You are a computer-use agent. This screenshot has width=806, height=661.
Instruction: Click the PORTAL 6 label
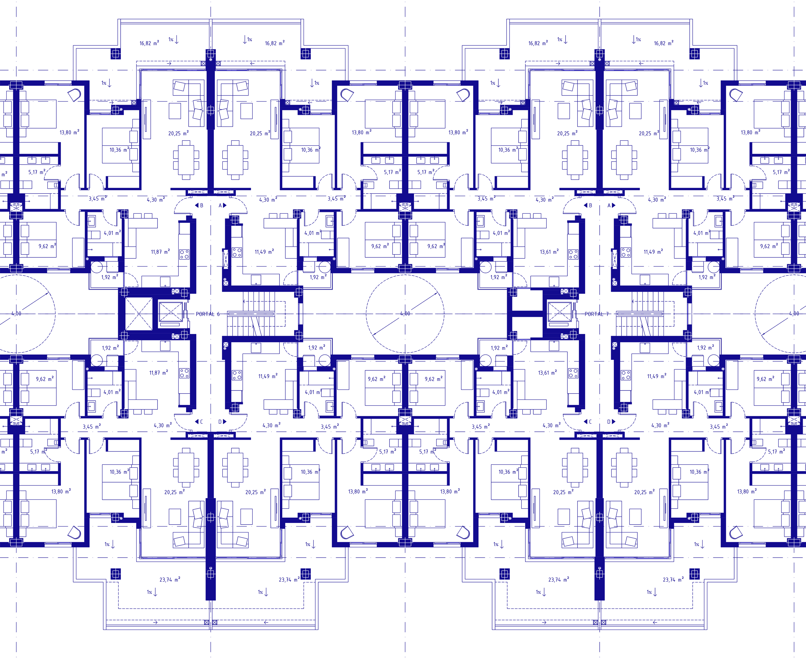(207, 314)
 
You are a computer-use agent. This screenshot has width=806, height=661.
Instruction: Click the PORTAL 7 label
(597, 314)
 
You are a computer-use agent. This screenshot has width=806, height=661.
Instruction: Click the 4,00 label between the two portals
(405, 314)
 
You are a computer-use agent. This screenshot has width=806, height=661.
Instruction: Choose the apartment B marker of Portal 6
(199, 205)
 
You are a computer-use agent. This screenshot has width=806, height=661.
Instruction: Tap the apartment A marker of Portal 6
(223, 205)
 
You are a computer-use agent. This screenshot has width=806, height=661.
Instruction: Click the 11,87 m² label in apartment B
(160, 252)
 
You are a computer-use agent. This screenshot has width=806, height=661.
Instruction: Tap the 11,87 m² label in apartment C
(159, 373)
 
